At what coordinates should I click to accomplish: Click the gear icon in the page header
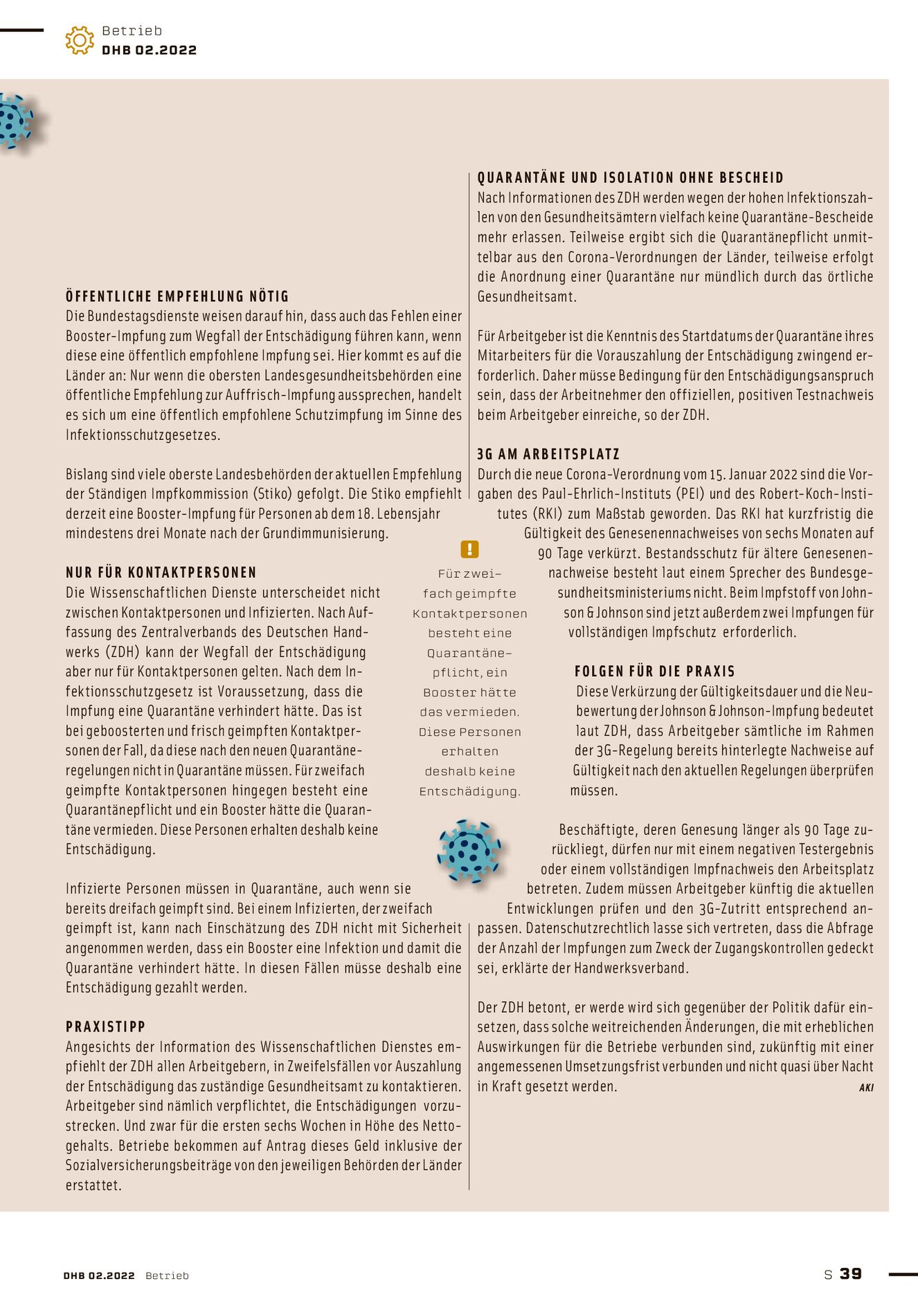click(80, 40)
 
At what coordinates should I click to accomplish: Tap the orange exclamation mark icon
click(469, 549)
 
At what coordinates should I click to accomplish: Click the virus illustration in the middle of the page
click(469, 851)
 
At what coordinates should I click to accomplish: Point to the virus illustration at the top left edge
click(15, 121)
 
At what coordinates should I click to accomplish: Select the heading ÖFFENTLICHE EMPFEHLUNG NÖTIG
click(177, 297)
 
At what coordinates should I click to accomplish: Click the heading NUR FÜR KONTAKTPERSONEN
click(161, 572)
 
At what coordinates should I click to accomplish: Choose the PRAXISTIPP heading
click(106, 1027)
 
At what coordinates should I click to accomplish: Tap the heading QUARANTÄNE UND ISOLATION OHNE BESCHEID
click(631, 177)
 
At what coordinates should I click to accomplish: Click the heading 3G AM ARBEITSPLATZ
click(548, 454)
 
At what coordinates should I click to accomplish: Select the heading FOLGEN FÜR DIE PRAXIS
click(655, 671)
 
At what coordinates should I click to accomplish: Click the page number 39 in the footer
click(851, 1274)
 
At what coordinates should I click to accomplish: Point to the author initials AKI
click(866, 1088)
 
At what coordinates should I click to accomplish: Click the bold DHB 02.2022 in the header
click(150, 50)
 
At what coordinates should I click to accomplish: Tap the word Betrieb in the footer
click(167, 1275)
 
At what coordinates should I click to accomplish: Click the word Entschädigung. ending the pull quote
click(470, 791)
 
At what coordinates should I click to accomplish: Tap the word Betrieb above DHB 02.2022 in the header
click(132, 30)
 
